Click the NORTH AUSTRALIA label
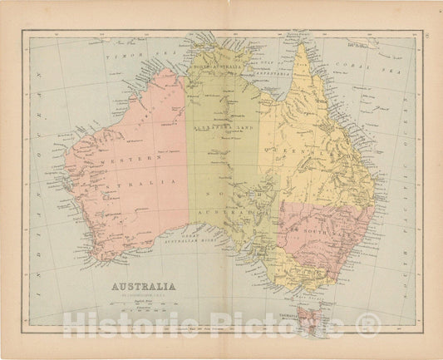click(x=218, y=66)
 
